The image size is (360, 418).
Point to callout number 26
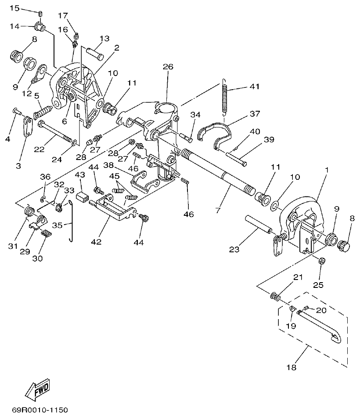click(x=168, y=67)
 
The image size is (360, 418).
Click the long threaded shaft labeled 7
click(x=220, y=171)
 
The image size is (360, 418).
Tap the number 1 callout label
click(x=326, y=169)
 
